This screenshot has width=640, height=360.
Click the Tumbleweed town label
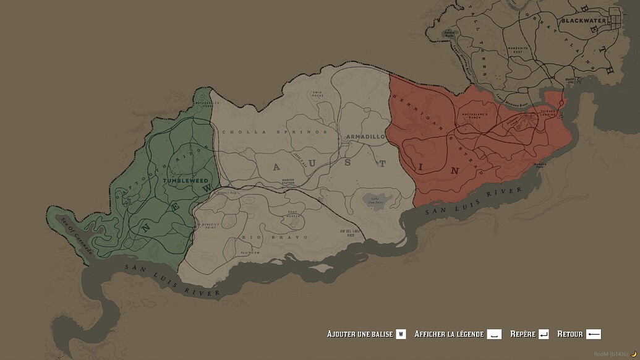pos(186,181)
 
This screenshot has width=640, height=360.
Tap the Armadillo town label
pos(366,136)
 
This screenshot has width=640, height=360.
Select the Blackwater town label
pos(584,21)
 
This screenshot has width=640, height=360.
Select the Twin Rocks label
pos(318,95)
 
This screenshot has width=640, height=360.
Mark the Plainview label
pos(250,252)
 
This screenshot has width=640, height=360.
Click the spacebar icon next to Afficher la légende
pos(494,334)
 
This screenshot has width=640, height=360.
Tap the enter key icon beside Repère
pos(544,334)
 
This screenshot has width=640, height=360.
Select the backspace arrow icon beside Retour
pos(593,334)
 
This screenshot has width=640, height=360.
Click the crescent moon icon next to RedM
pos(633,354)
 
